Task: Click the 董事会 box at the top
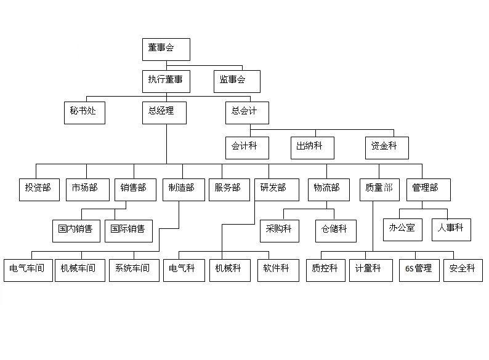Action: [x=166, y=49]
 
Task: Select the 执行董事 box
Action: [x=166, y=81]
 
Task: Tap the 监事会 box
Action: [x=237, y=81]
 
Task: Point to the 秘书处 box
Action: [x=84, y=113]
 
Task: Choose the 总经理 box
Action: [x=164, y=113]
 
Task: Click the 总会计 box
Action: [x=247, y=113]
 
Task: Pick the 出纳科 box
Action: [x=312, y=148]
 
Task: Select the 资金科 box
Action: [x=387, y=148]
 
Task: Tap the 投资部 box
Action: [x=39, y=190]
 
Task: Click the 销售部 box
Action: [x=135, y=190]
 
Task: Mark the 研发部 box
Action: [x=277, y=190]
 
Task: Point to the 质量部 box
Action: [x=379, y=190]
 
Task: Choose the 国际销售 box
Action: [x=129, y=231]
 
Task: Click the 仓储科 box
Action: [x=336, y=231]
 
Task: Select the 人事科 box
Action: [x=451, y=230]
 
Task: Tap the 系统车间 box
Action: [x=134, y=270]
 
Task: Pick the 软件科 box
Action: [x=279, y=270]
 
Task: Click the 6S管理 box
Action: [x=419, y=270]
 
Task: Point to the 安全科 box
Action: [x=463, y=270]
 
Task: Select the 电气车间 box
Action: [x=28, y=270]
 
